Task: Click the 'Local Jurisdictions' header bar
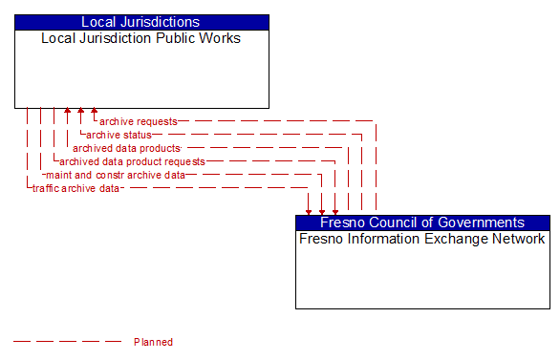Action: tap(141, 21)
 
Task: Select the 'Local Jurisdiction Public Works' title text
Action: tap(141, 38)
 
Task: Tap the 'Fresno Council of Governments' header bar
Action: tap(422, 222)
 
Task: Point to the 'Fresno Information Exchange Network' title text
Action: tap(422, 239)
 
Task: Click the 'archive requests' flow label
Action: tap(139, 121)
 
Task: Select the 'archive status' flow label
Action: tap(118, 135)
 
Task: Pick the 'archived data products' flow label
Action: tap(126, 148)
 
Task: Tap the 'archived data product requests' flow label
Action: tap(132, 161)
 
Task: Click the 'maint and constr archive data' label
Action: tap(116, 175)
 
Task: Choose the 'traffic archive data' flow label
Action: tap(76, 188)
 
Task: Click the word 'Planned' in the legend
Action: tap(153, 342)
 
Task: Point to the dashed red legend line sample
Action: tap(67, 342)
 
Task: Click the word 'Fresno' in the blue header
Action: tap(342, 222)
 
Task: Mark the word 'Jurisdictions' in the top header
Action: tap(163, 21)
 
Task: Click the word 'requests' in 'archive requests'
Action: tap(157, 121)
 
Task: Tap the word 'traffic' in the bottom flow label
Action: tap(46, 188)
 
